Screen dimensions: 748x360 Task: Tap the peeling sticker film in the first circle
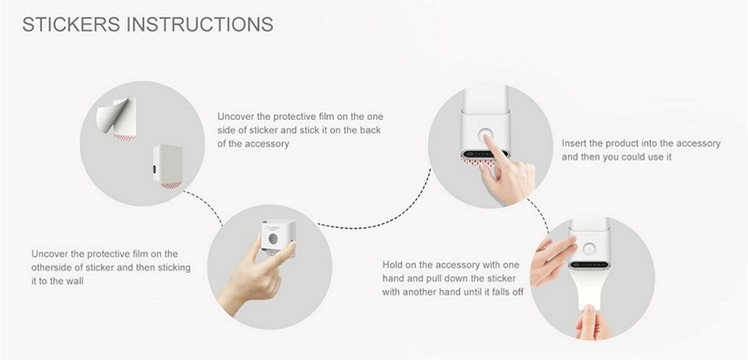click(x=117, y=117)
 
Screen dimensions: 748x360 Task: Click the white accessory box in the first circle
click(x=168, y=165)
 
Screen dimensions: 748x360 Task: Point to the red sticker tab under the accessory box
click(x=170, y=185)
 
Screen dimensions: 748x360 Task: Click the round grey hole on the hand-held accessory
click(x=273, y=238)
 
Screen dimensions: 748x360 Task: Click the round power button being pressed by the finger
click(x=484, y=136)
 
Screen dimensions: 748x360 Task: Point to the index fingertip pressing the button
click(x=486, y=137)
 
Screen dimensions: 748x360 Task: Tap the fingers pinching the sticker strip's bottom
click(x=591, y=323)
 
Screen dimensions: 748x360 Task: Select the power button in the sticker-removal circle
click(x=588, y=249)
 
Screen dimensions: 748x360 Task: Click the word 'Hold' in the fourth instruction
click(x=393, y=265)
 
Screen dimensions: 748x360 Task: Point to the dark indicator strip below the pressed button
click(x=484, y=155)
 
